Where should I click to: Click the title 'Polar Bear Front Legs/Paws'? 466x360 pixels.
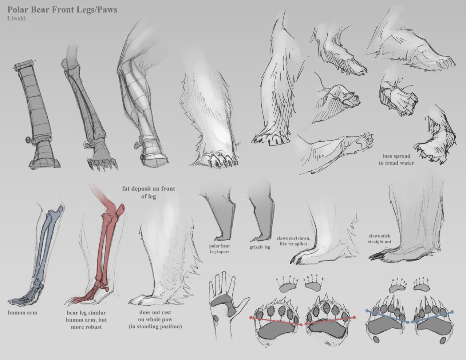coord(62,10)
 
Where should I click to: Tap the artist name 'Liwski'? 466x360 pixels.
coord(16,19)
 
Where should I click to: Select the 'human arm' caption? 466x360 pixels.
coord(23,313)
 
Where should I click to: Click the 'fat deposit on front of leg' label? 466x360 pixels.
coord(149,192)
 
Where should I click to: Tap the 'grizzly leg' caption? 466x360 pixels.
coord(260,247)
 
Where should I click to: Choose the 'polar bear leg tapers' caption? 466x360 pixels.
coord(220,249)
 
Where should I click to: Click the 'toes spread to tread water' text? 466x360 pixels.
coord(396,159)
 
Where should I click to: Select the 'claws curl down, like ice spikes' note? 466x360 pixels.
coord(293,241)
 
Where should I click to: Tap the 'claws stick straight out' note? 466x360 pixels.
coord(379,239)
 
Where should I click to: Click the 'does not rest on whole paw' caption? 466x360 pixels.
coord(155,319)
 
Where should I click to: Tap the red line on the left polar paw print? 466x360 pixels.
coord(276,321)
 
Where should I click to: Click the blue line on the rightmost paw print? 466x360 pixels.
coord(432,317)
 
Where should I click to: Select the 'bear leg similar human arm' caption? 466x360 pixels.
coord(86,320)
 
